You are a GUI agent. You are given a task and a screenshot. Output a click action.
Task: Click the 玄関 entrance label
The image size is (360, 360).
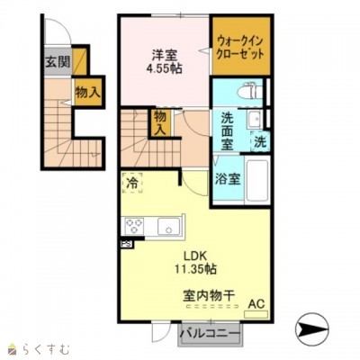pyautogui.click(x=56, y=63)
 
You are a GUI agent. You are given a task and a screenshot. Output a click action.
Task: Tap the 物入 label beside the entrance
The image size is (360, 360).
pyautogui.click(x=86, y=93)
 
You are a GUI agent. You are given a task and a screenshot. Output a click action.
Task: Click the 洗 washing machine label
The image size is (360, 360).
pyautogui.click(x=258, y=140)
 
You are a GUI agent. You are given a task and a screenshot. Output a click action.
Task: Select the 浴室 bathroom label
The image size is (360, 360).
pyautogui.click(x=229, y=177)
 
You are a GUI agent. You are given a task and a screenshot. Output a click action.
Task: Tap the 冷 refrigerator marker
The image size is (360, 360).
pyautogui.click(x=132, y=181)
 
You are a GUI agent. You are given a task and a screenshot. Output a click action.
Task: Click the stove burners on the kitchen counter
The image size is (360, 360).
pyautogui.click(x=136, y=225)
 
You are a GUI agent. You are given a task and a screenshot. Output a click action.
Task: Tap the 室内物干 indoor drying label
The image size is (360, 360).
pyautogui.click(x=209, y=293)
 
